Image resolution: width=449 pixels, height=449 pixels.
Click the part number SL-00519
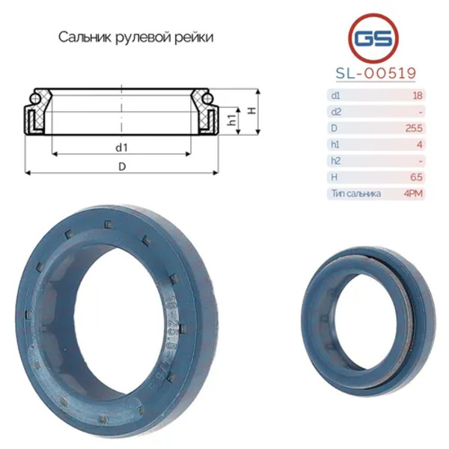[376, 73]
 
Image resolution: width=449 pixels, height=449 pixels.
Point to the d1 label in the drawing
[122, 147]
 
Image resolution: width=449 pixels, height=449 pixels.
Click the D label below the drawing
[122, 166]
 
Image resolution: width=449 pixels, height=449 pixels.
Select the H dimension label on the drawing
[251, 111]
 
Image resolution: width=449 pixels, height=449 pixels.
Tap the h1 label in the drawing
[233, 120]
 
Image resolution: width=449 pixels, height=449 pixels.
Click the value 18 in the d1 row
[418, 95]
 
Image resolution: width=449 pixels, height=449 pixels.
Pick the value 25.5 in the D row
[414, 128]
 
